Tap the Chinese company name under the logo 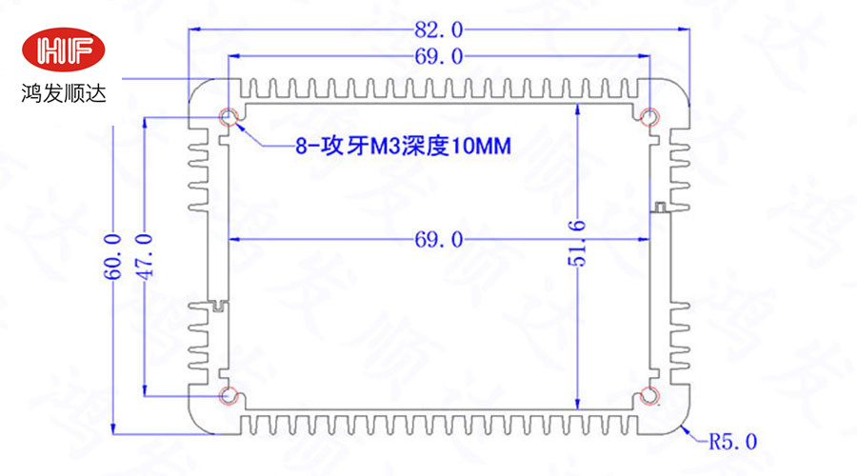click(x=66, y=95)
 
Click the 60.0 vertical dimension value click(x=113, y=256)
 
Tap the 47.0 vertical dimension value click(x=145, y=256)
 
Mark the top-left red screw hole click(x=229, y=118)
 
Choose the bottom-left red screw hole click(x=229, y=394)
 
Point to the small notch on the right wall click(x=659, y=207)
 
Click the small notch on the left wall click(x=219, y=306)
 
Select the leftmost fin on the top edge click(x=254, y=89)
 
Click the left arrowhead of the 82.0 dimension click(x=195, y=30)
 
